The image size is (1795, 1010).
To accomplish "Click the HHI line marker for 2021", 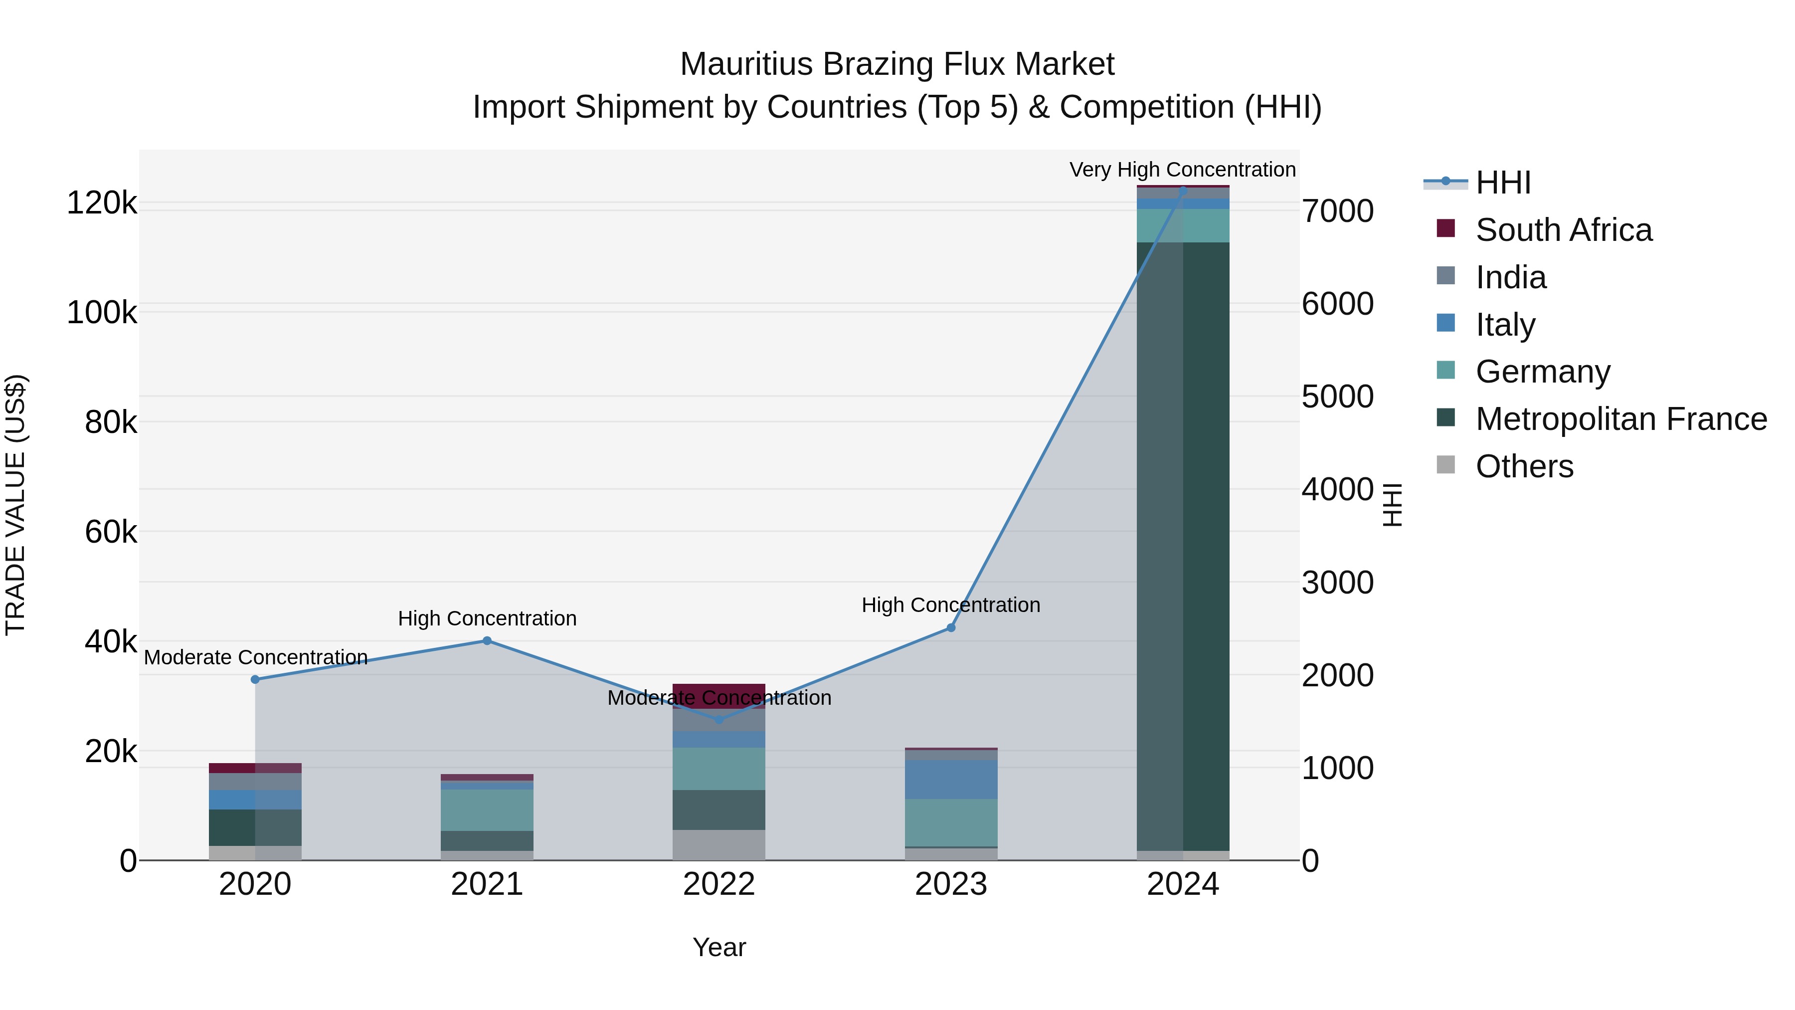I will (x=487, y=640).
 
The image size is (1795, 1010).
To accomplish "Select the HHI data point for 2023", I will (x=950, y=627).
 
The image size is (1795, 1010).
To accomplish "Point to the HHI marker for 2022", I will (x=719, y=719).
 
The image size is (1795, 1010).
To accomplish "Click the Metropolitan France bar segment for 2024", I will (x=1183, y=544).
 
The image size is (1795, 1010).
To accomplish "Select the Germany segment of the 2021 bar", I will (x=487, y=809).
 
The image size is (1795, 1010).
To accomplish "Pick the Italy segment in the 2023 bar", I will (x=950, y=779).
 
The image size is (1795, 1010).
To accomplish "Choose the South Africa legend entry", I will (x=1563, y=230).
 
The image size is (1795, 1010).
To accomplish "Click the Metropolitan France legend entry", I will (x=1621, y=419).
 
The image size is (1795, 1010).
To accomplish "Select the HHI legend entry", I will (x=1502, y=183).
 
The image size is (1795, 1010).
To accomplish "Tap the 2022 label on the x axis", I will (x=719, y=884).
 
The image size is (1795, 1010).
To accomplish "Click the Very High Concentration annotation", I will (x=1183, y=170).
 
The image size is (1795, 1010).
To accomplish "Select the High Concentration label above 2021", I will (x=487, y=618).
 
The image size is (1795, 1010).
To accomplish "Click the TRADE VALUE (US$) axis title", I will (x=15, y=505).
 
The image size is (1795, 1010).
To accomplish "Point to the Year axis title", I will (x=719, y=947).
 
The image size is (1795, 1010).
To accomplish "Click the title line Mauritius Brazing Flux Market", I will (x=897, y=64).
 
